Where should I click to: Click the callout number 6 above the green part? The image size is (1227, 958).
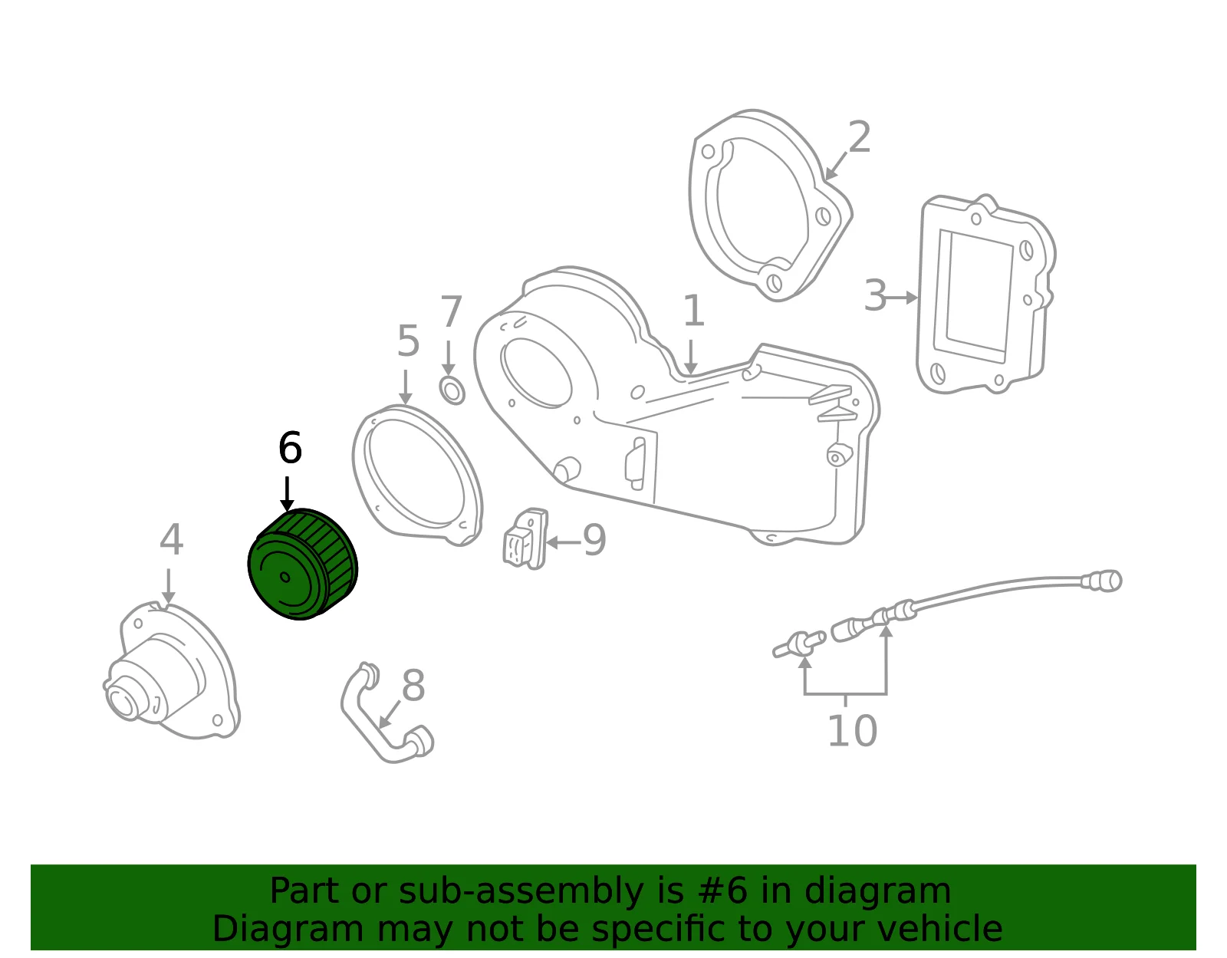coord(290,448)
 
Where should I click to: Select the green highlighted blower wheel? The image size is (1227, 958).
coord(303,564)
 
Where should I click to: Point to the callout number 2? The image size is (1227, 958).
coord(860,137)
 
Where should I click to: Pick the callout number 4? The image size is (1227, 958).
coord(171,539)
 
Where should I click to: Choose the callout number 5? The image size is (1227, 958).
coord(408,341)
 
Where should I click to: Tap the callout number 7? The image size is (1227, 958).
coord(451,311)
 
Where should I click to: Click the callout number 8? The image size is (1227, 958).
coord(413,686)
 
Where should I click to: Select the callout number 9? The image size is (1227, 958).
coord(594,540)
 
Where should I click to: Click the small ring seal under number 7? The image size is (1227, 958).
coord(452,390)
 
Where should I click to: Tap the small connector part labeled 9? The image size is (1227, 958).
coord(525,538)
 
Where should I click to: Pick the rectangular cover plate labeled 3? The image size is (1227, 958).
coord(985,295)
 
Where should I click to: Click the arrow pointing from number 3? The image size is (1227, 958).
coord(903,298)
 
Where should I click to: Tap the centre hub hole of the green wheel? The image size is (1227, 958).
coord(285,577)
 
